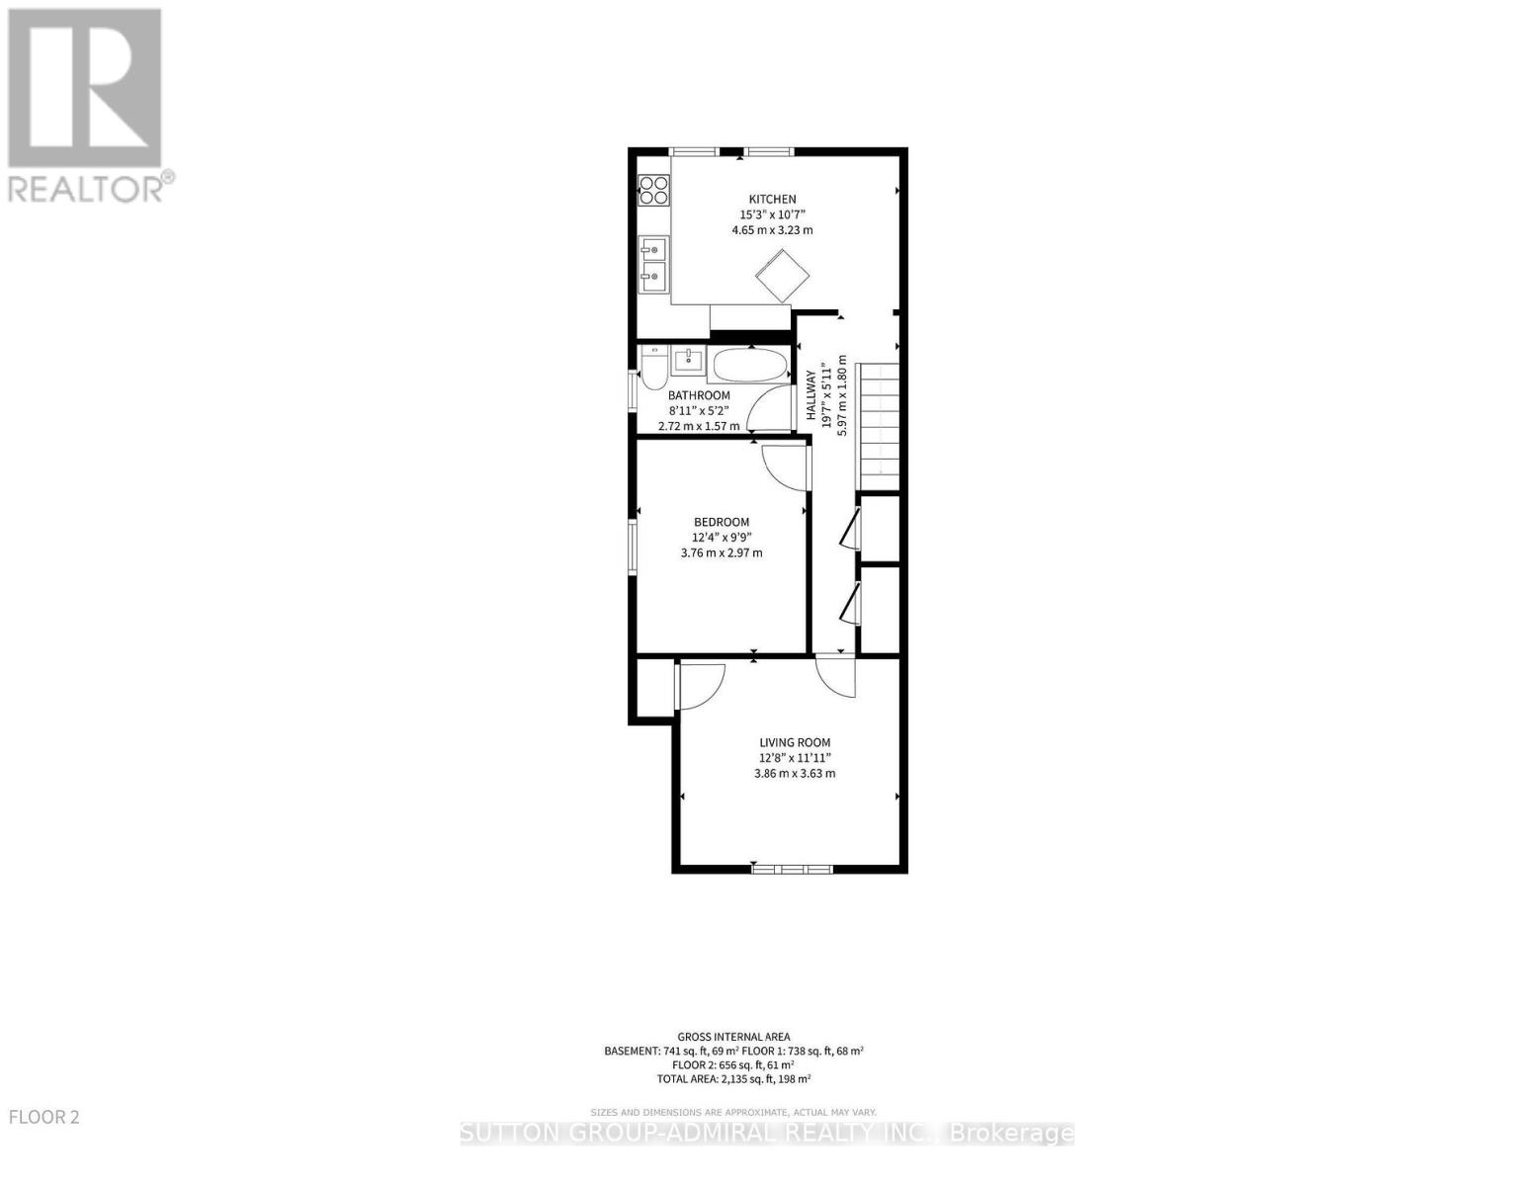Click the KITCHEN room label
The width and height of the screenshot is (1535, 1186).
click(x=771, y=199)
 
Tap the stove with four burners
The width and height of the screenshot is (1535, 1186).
click(x=653, y=189)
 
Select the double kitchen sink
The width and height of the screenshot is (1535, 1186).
click(x=653, y=265)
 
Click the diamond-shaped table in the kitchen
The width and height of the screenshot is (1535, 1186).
click(x=783, y=275)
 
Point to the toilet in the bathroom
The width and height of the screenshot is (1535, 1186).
click(x=652, y=368)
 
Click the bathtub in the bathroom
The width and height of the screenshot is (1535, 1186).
click(x=749, y=366)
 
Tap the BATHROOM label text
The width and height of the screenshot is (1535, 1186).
click(x=699, y=395)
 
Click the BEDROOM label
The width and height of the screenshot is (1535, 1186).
click(x=721, y=522)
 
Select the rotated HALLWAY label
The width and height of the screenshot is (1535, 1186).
click(x=810, y=396)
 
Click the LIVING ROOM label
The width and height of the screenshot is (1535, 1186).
click(x=794, y=742)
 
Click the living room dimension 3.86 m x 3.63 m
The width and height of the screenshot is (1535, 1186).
click(x=794, y=773)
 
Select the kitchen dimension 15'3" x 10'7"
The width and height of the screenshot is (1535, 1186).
click(x=771, y=214)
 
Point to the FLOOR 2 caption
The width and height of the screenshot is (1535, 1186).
click(x=43, y=1117)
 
